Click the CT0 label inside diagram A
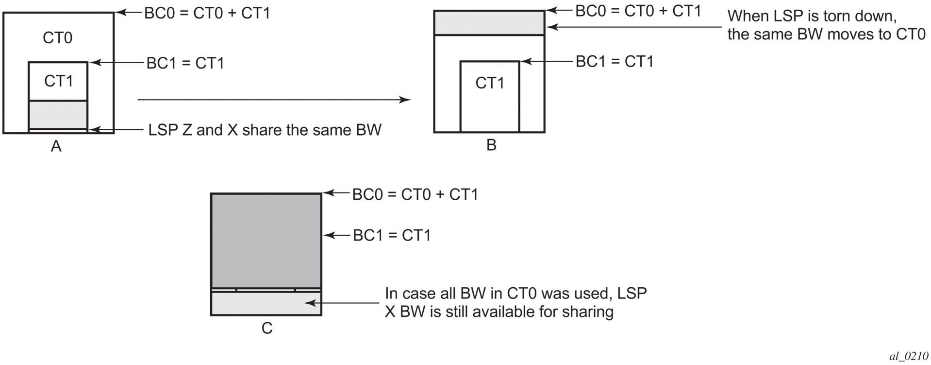point(57,38)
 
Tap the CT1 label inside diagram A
point(58,81)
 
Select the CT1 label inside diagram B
point(490,83)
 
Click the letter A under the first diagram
point(56,146)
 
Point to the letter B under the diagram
point(491,145)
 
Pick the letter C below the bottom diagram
point(267,329)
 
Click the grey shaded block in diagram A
point(58,115)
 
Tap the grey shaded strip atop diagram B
point(489,23)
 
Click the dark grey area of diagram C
point(266,240)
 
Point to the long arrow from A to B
point(274,100)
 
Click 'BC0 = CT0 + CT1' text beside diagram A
point(207,13)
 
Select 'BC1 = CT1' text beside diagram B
point(615,62)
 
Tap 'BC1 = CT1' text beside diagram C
point(392,236)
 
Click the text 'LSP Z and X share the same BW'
point(265,130)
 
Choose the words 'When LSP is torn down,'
point(812,16)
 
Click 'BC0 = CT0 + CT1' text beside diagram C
point(415,194)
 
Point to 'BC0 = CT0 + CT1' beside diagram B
point(638,11)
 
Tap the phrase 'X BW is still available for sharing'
point(499,312)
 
